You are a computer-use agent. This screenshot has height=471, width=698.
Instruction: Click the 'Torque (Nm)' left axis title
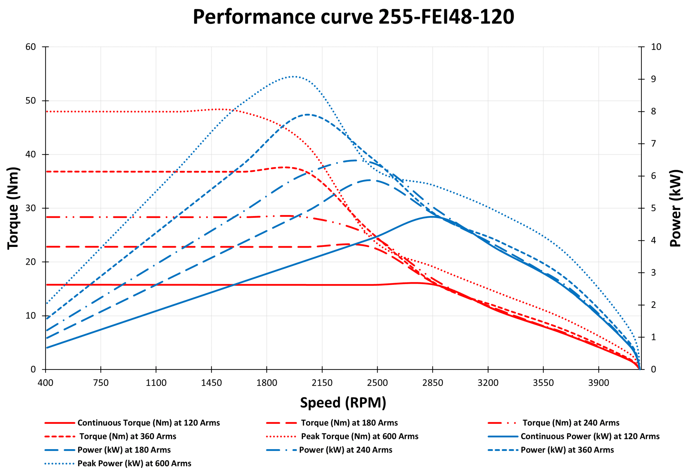click(13, 208)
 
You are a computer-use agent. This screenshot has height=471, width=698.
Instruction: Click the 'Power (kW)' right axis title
click(675, 208)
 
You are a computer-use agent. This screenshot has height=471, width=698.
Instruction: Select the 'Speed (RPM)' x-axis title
click(343, 403)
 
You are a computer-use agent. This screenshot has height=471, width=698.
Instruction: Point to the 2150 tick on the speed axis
click(322, 383)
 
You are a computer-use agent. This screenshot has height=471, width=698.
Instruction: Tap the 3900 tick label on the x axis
click(598, 383)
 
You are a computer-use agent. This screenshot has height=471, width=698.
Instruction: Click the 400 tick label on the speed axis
click(45, 383)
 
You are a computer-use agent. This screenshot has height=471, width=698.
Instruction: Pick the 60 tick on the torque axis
click(31, 47)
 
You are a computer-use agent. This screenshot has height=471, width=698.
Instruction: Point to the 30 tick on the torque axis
click(31, 208)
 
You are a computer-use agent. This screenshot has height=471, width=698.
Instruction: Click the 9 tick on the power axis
click(653, 79)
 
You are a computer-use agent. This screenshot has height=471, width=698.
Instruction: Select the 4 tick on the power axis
click(653, 240)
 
